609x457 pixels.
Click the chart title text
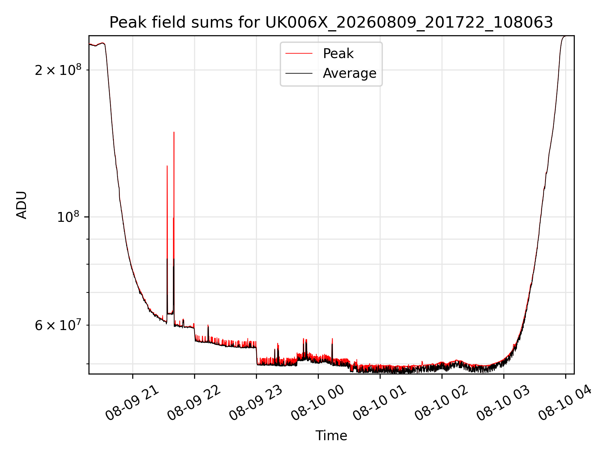tap(331, 23)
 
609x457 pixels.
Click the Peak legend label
tap(338, 54)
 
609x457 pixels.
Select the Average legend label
tap(350, 73)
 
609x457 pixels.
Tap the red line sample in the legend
tap(299, 54)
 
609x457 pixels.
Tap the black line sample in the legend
tap(299, 73)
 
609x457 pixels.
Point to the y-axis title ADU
tap(22, 205)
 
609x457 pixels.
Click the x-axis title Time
tap(331, 436)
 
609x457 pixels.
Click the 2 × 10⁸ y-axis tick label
tap(58, 70)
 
